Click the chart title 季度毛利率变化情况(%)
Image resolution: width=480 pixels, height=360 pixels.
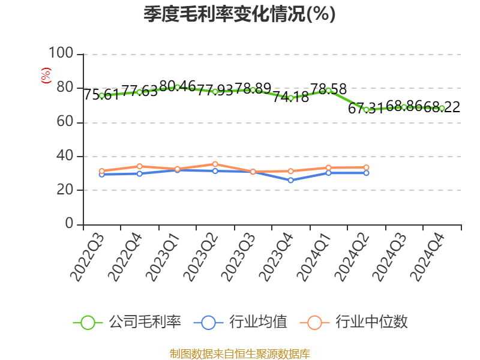click(x=239, y=14)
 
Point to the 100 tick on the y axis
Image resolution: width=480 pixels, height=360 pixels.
click(x=61, y=54)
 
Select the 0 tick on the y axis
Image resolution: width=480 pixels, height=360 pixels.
click(x=69, y=224)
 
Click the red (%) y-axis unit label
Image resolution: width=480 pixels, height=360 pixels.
click(x=46, y=76)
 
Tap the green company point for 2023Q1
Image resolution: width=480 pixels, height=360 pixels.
click(x=177, y=87)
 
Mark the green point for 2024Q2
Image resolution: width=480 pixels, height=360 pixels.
click(x=366, y=110)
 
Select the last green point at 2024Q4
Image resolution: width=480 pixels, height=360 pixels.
click(x=442, y=108)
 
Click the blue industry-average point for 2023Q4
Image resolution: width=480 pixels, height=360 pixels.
click(x=290, y=180)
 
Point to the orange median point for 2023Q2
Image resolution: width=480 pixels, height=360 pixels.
click(x=215, y=164)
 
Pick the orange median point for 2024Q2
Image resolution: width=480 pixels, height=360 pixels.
click(x=366, y=167)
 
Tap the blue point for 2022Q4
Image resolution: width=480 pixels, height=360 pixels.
click(x=139, y=173)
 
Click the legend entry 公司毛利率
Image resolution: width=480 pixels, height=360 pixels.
click(x=127, y=322)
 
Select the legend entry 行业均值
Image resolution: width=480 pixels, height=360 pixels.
click(x=241, y=322)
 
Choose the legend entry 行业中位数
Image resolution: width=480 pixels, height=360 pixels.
click(x=358, y=322)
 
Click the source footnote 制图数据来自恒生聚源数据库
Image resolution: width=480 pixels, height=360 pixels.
click(x=239, y=354)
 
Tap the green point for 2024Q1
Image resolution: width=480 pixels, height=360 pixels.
click(x=328, y=90)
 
